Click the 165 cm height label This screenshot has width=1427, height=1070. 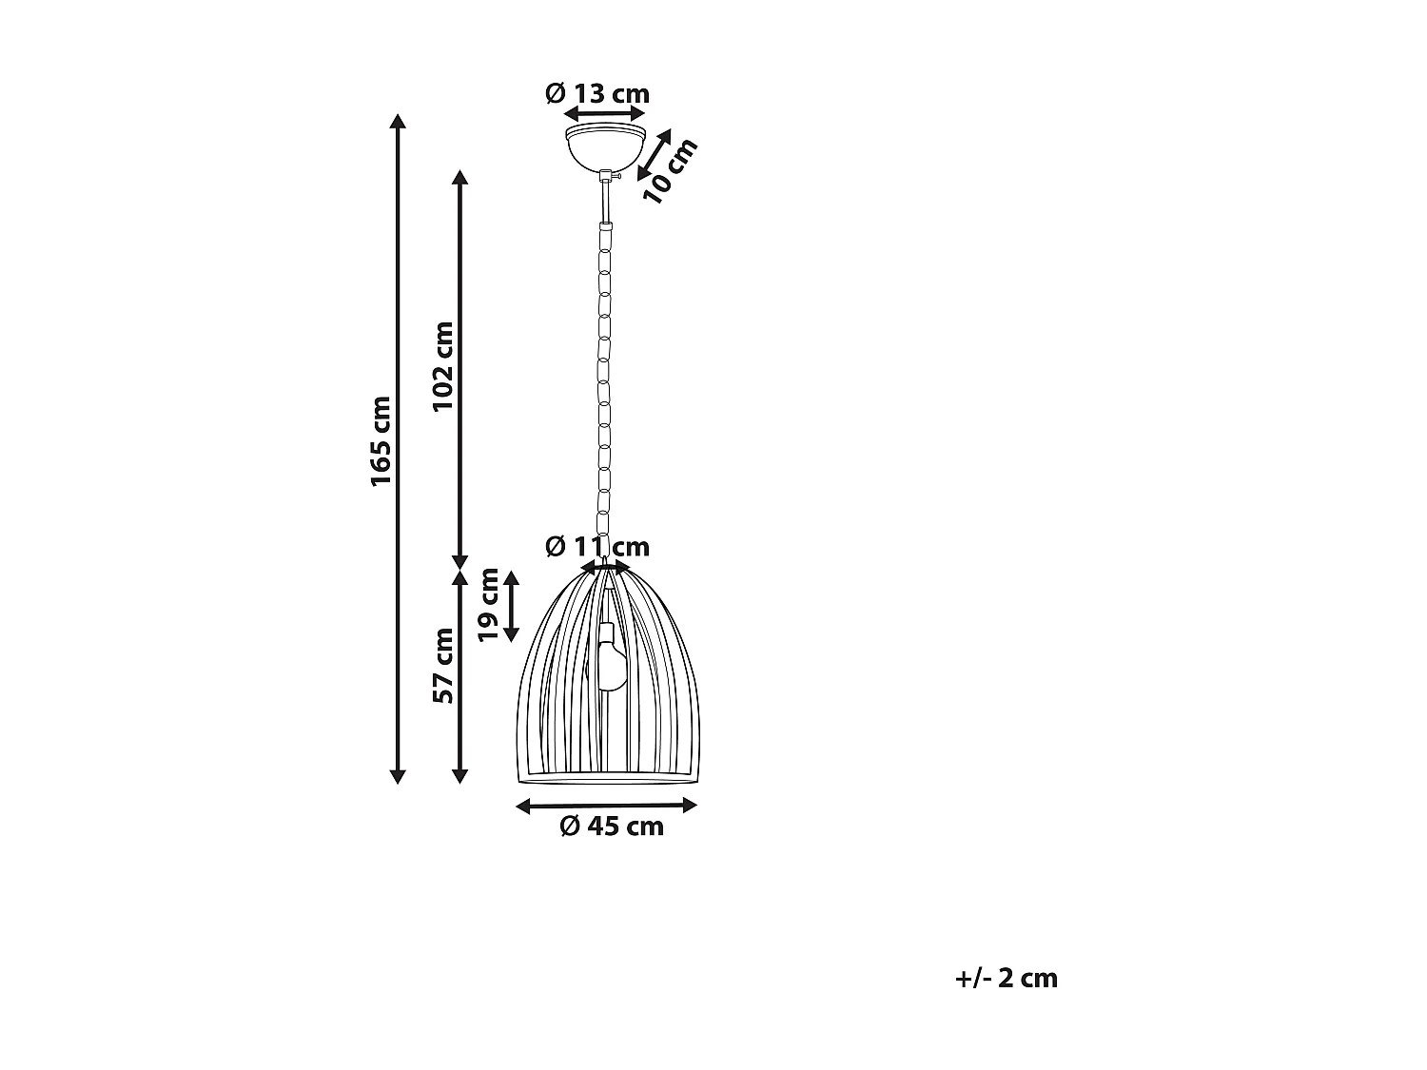point(381,440)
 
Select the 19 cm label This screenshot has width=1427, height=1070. point(489,605)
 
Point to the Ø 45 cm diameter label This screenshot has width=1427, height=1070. point(612,827)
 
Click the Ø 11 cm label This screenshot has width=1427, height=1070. point(597,547)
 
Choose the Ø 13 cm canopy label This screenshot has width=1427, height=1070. point(597,93)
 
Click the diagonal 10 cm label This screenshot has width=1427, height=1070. point(672,169)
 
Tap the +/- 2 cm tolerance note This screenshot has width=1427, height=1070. point(1007,978)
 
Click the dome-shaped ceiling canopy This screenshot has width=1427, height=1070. point(605,143)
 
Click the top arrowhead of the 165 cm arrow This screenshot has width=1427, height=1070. point(399,121)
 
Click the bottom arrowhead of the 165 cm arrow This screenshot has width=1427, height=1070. point(399,777)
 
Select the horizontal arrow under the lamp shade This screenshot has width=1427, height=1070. point(607,806)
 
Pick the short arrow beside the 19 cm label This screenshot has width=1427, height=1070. point(512,606)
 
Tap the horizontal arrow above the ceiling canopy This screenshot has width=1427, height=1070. point(605,112)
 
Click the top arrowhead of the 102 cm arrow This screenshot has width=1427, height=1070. point(459,177)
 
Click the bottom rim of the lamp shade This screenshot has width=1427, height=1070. point(615,779)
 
